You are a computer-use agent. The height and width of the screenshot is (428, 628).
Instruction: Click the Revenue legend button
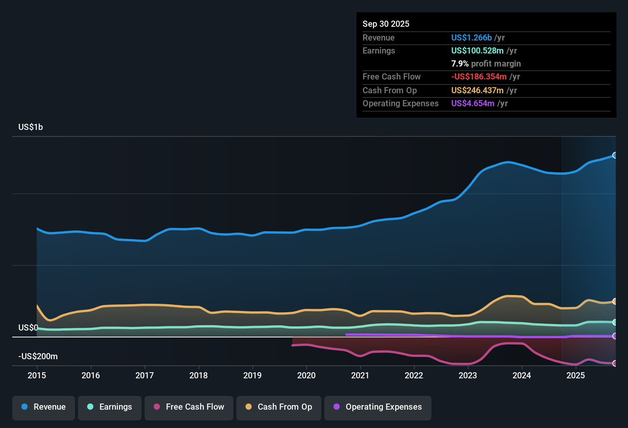[44, 407]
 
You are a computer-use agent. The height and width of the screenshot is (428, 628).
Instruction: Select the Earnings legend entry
[110, 407]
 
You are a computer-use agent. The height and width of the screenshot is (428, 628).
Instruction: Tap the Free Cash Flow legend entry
[189, 407]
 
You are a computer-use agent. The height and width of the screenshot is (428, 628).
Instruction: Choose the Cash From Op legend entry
[279, 407]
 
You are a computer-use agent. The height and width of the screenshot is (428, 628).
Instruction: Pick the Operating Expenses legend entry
[378, 407]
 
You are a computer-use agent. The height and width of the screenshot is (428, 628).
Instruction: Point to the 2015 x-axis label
[37, 375]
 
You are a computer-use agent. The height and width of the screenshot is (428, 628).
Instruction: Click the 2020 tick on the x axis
[306, 375]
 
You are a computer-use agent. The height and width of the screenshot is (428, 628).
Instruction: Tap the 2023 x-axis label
[468, 375]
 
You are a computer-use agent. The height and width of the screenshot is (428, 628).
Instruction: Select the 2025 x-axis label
[576, 375]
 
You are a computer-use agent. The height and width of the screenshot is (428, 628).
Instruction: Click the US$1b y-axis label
[31, 127]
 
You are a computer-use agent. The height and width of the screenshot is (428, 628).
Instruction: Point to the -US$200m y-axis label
[38, 356]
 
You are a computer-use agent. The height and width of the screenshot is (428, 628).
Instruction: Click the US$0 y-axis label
[28, 327]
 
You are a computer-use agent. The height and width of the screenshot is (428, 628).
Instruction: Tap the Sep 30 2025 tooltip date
[386, 24]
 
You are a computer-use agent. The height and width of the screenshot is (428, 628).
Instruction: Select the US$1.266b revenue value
[471, 37]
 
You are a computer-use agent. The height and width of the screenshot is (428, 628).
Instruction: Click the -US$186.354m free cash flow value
[479, 76]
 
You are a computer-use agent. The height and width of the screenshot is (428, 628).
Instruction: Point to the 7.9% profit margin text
[486, 63]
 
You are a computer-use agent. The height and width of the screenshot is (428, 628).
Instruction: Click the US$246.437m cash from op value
[477, 90]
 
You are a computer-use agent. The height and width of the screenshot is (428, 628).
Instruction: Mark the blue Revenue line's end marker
[615, 155]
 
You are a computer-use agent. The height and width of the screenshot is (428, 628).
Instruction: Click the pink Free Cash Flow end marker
[615, 363]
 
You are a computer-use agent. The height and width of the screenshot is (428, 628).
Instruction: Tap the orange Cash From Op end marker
[615, 301]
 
